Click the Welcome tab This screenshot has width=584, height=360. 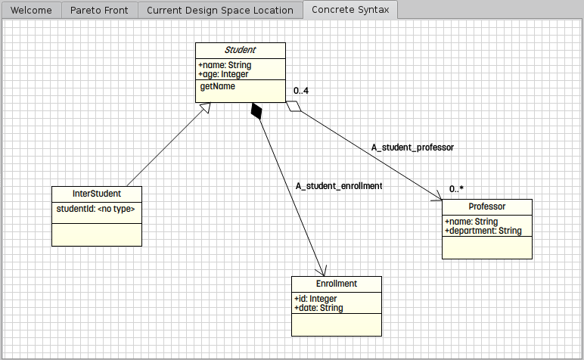[x=30, y=10]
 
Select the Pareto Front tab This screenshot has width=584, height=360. [x=99, y=10]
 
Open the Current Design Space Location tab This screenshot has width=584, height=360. [x=219, y=10]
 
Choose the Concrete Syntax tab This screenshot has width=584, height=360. [x=350, y=10]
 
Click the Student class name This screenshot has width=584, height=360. [x=240, y=50]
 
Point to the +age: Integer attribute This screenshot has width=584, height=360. [x=224, y=74]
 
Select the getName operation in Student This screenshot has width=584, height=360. [x=217, y=86]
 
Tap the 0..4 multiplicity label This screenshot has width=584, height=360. [x=301, y=91]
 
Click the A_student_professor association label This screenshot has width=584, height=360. [x=412, y=147]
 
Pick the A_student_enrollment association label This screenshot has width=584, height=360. [x=338, y=185]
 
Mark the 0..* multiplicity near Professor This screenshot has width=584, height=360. [x=456, y=188]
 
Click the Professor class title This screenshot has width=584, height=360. [x=486, y=206]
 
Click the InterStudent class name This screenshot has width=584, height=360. [x=96, y=194]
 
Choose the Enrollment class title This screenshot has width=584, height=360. [x=336, y=284]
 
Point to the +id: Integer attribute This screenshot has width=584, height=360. [x=315, y=299]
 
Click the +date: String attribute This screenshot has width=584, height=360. [x=318, y=308]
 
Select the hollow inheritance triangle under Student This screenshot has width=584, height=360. [x=203, y=110]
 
